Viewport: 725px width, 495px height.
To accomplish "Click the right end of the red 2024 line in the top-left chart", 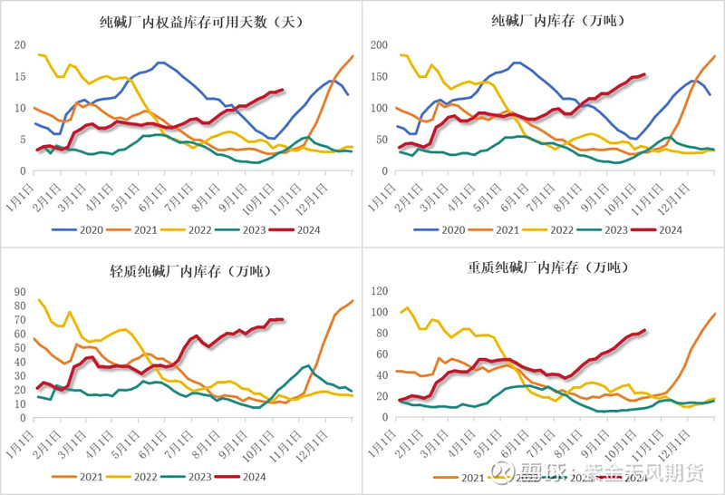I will coord(284,90).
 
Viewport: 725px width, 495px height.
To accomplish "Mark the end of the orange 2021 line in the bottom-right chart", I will coord(715,314).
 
